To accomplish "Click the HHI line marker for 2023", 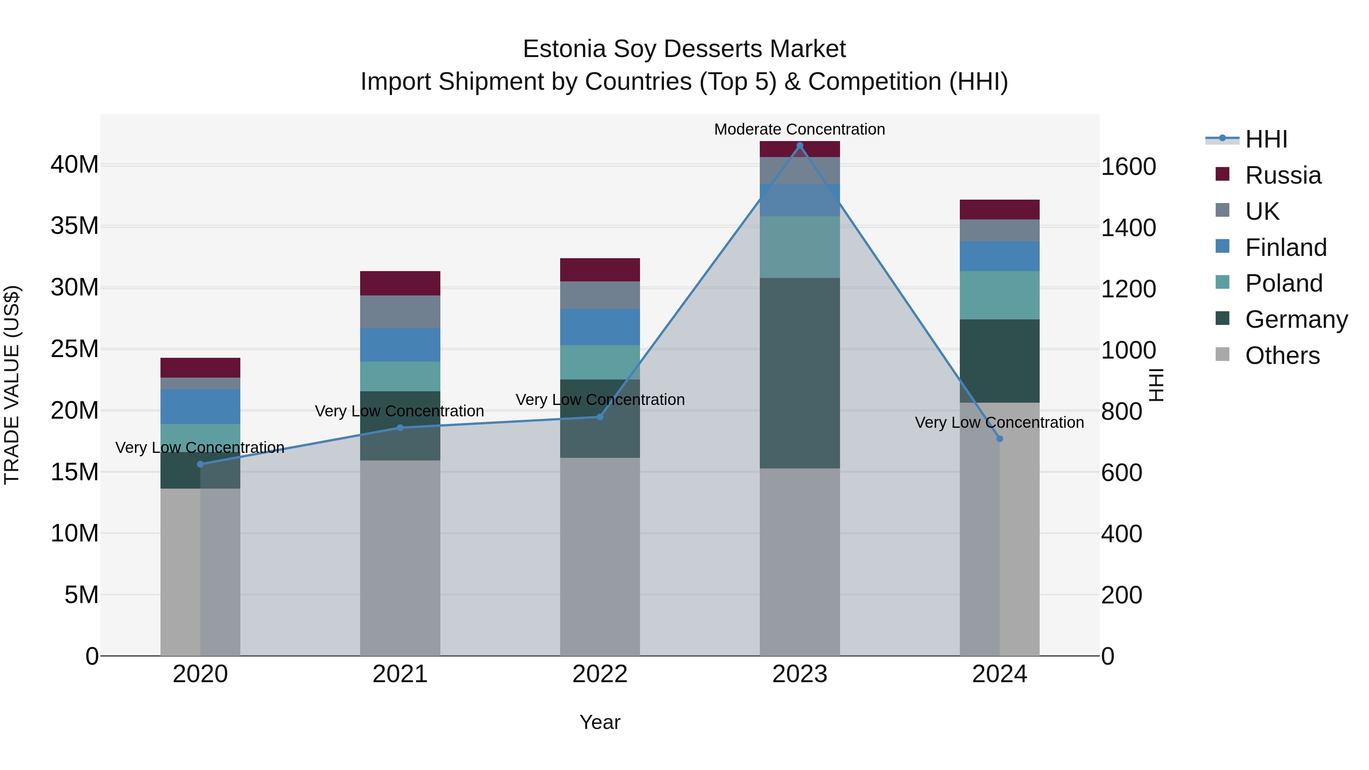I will [799, 146].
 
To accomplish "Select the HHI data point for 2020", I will [200, 464].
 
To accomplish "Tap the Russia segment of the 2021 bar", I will [400, 283].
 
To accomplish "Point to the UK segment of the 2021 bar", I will [400, 311].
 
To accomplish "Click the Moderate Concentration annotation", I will [799, 129].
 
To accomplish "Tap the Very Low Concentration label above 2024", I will [999, 422].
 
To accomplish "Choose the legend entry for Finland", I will [1286, 248].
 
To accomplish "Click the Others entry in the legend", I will [1282, 356].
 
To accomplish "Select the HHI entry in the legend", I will [1266, 139].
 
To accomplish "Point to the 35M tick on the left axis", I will [75, 226].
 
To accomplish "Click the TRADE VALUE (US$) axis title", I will [12, 385].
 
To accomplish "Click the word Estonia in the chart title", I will [564, 49].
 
